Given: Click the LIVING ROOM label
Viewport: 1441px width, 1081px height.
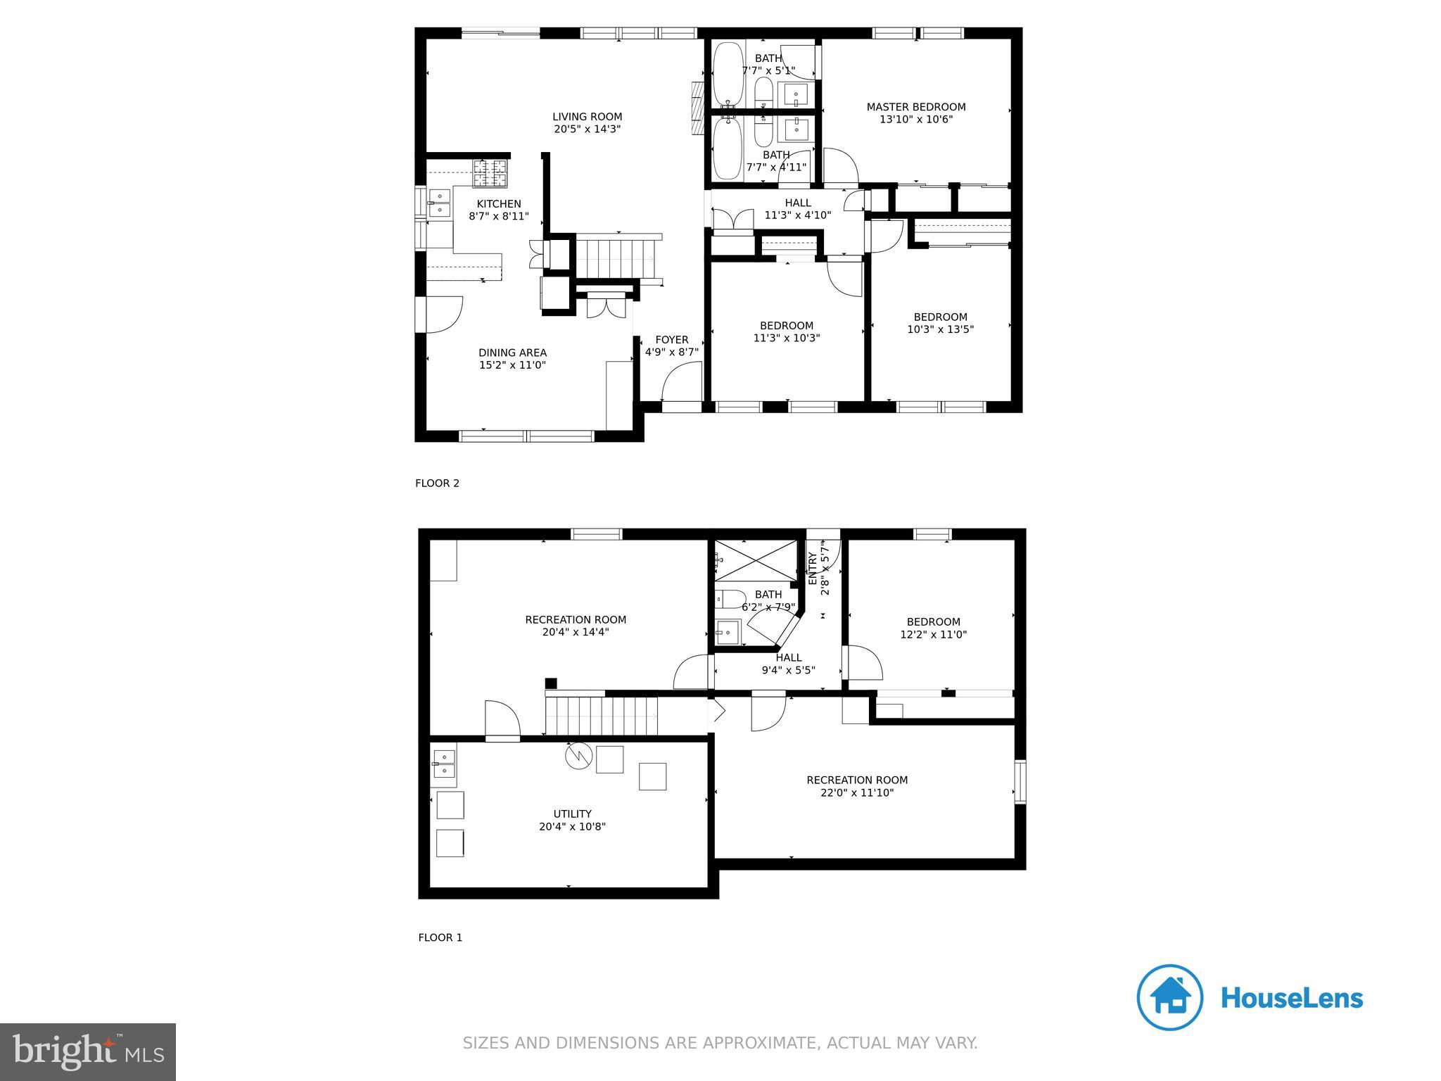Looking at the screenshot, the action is (x=587, y=117).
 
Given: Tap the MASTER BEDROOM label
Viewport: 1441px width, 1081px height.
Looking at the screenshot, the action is (x=916, y=107).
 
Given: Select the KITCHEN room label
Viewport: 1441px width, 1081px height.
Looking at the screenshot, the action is (x=499, y=204).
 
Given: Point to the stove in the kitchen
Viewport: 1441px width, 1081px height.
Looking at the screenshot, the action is (x=490, y=174).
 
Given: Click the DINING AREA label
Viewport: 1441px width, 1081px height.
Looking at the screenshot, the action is (x=512, y=353).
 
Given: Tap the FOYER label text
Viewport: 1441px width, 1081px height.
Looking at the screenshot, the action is (x=672, y=339).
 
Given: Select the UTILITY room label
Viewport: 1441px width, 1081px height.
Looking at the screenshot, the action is (x=572, y=814).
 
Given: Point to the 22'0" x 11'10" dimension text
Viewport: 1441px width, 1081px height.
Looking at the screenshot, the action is (x=857, y=792).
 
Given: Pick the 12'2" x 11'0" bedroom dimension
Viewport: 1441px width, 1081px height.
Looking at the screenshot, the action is (x=934, y=634).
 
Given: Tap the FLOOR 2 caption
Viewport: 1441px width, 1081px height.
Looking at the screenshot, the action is (x=437, y=483).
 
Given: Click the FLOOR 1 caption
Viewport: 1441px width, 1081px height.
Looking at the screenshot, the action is (x=440, y=937).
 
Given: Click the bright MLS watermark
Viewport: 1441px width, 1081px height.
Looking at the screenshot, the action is (x=89, y=1051).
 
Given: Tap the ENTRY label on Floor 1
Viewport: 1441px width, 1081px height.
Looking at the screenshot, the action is (x=813, y=569).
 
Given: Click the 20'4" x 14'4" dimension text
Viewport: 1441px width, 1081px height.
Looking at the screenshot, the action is (x=576, y=632).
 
